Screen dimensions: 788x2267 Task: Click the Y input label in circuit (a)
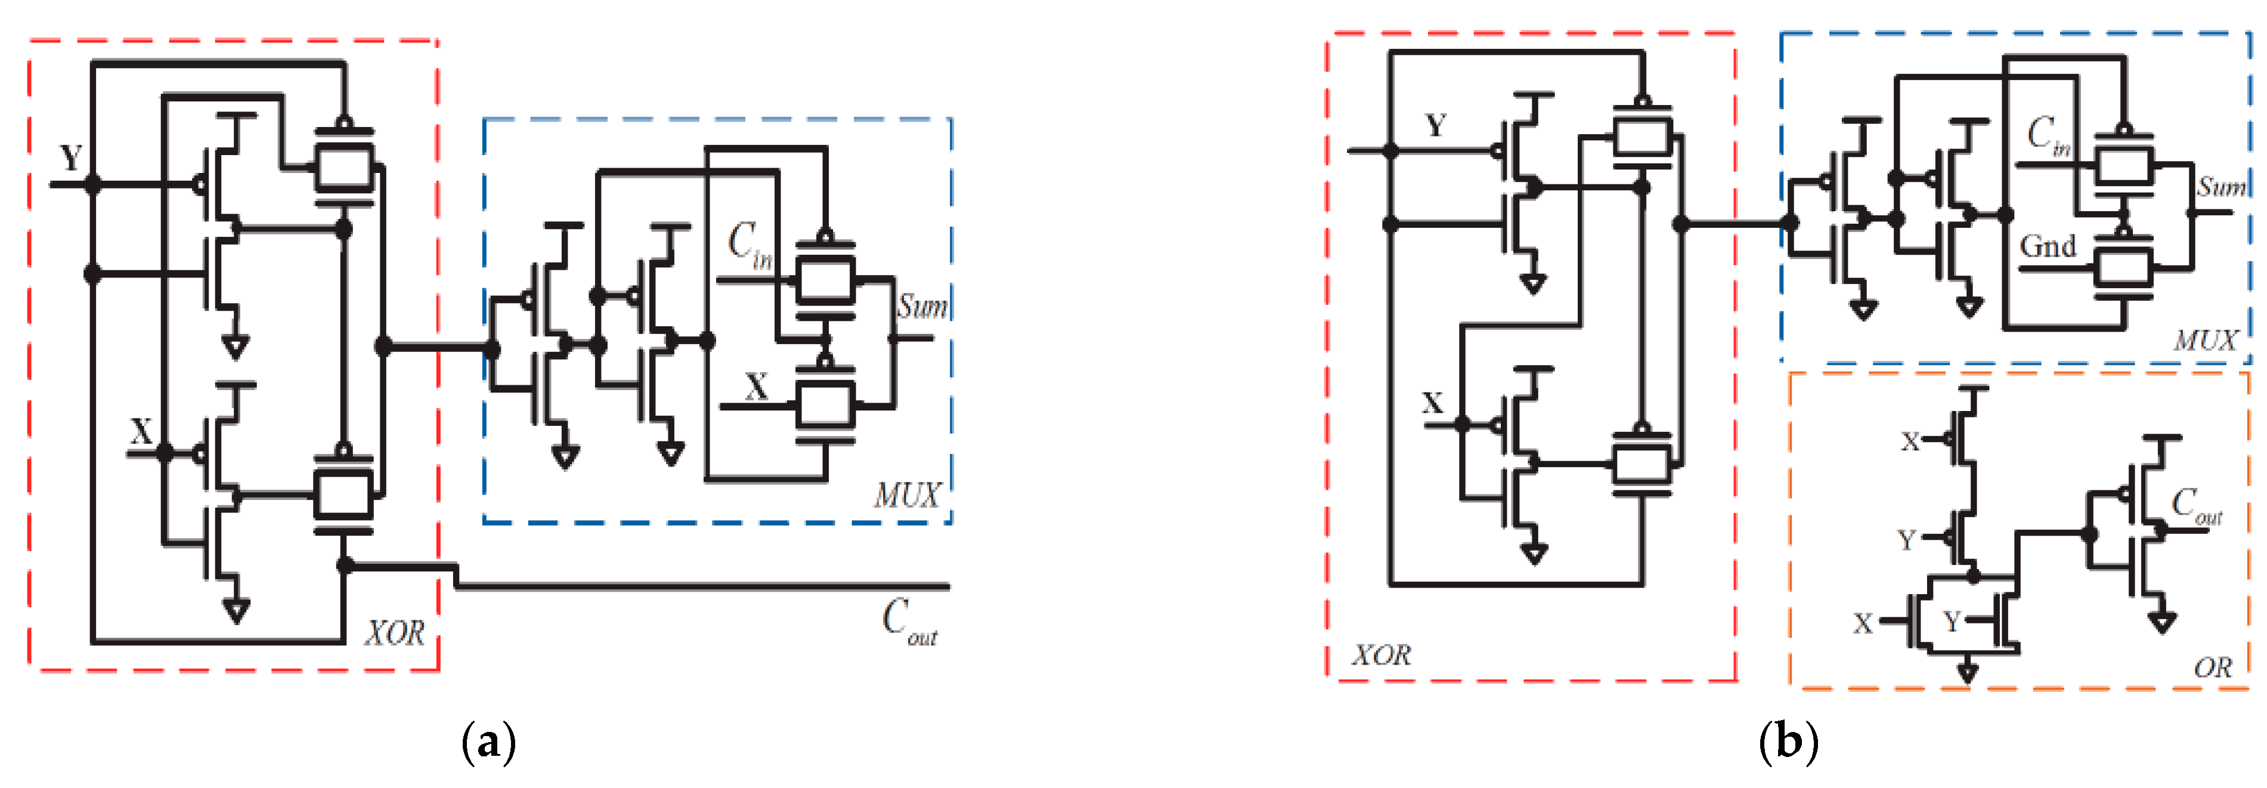click(70, 159)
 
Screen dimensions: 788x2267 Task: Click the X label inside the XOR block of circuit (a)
click(141, 432)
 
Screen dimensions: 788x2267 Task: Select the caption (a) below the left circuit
click(488, 742)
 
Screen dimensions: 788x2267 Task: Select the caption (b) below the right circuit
click(1788, 742)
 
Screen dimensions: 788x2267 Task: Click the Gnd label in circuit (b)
click(2047, 246)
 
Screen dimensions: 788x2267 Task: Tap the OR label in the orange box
click(2212, 668)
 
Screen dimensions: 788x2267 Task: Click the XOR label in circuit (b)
click(1381, 654)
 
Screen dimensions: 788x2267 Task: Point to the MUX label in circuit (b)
click(2204, 340)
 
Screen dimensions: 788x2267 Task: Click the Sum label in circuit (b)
click(2220, 187)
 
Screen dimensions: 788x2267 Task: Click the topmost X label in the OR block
click(1910, 441)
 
